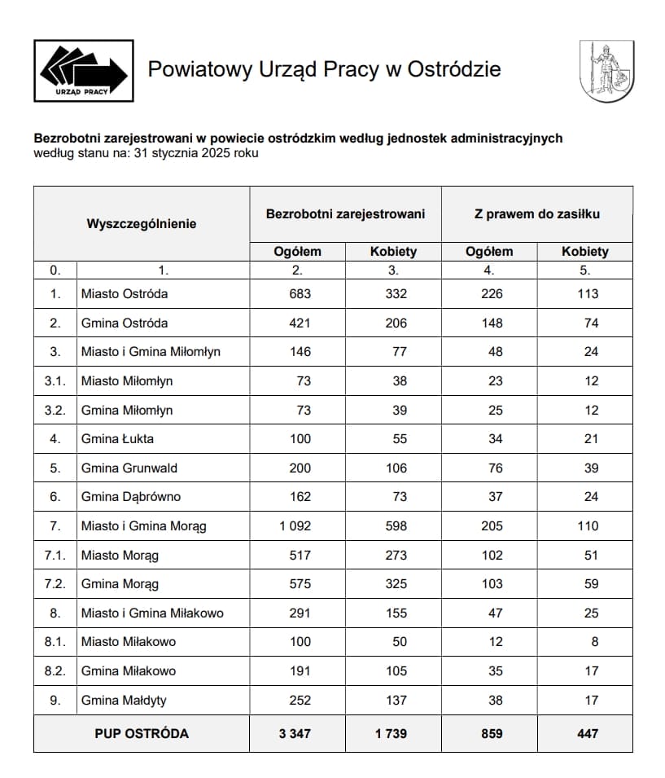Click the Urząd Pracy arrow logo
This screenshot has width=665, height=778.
84,71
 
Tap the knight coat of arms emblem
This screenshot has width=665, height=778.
606,72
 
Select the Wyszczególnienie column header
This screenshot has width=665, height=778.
141,223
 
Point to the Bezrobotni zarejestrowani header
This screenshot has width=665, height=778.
345,213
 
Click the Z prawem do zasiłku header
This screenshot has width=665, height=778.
536,213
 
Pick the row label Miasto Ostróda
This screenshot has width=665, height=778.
124,293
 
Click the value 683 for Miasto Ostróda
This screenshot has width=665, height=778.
300,293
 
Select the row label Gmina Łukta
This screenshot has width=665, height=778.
117,439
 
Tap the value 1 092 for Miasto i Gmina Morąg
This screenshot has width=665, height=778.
295,526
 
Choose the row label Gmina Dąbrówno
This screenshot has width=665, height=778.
130,497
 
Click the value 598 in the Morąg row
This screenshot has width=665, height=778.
396,526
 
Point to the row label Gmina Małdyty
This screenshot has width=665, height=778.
124,700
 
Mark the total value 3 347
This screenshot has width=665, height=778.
295,733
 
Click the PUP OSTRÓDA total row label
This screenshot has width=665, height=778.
141,733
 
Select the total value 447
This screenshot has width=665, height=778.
587,733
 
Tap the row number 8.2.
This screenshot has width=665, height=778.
55,671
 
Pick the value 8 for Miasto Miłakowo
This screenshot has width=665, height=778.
595,642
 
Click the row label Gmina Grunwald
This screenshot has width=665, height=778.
129,468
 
